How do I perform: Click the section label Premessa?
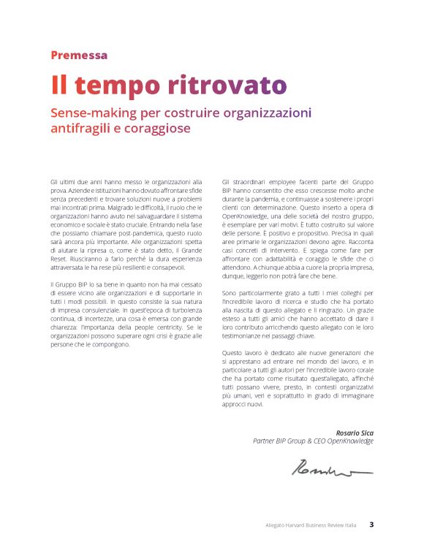79,55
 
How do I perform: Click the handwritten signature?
331,467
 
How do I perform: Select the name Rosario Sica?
355,433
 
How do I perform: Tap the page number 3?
371,524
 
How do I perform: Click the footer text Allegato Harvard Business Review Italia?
310,525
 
